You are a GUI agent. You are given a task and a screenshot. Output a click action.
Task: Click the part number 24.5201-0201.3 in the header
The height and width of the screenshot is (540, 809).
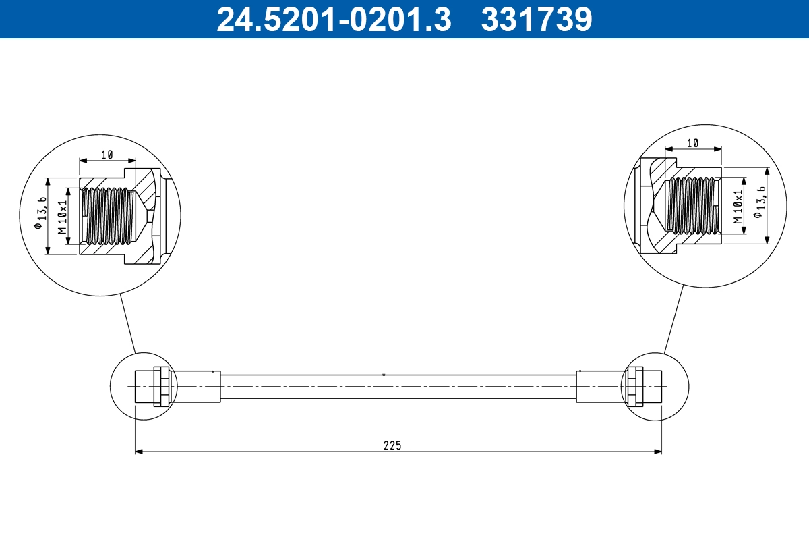coord(333,19)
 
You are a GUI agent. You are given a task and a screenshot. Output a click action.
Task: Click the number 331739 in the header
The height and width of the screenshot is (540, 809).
coord(536,19)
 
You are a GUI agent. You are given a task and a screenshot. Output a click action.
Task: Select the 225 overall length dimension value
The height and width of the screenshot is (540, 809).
coord(392,445)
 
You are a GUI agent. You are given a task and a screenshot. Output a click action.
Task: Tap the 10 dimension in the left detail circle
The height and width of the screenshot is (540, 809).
coord(107,155)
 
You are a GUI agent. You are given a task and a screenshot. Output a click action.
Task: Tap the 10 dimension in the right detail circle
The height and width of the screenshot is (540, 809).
coord(692,143)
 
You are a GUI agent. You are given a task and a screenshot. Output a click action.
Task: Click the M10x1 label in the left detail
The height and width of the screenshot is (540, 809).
coord(63,216)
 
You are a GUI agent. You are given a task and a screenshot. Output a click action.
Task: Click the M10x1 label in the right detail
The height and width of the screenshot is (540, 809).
coord(738,207)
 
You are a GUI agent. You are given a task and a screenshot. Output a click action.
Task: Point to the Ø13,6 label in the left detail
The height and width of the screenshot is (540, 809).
coord(40,216)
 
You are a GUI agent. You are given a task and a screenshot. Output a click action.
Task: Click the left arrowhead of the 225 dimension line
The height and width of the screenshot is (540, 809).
coord(139,452)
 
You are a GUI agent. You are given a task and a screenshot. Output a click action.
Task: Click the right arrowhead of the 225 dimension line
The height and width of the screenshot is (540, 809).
coord(658,452)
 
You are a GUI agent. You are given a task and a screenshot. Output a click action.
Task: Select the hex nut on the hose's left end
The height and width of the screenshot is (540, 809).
coord(161,386)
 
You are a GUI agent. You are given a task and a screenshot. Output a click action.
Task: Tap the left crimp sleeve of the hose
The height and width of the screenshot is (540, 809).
coord(196,386)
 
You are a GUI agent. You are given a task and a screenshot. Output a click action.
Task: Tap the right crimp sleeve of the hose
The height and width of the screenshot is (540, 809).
coord(600,386)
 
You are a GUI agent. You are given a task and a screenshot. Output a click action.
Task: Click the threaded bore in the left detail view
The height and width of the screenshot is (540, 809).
coord(108,216)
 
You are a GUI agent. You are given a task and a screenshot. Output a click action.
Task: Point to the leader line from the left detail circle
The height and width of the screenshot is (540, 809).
coord(128,324)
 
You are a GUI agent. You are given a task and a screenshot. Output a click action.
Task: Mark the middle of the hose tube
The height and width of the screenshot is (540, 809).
coord(398,386)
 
